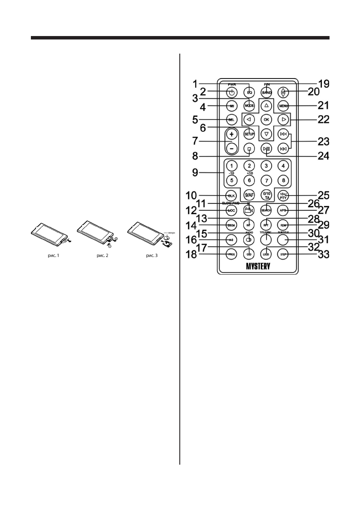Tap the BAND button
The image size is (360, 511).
point(266,92)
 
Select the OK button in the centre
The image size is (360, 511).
point(266,119)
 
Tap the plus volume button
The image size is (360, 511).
point(231,134)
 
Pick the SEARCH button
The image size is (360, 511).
point(266,210)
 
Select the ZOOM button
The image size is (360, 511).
point(231,225)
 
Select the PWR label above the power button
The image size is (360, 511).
point(232,85)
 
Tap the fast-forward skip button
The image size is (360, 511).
point(283,134)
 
